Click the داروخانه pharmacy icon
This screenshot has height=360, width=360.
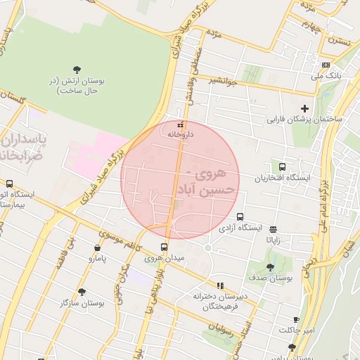click(x=179, y=124)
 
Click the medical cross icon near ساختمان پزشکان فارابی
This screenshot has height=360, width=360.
click(x=304, y=108)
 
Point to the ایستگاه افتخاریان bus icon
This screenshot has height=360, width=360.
click(x=283, y=167)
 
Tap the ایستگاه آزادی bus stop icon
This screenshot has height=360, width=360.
click(x=240, y=217)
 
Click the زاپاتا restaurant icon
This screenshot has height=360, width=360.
click(x=273, y=229)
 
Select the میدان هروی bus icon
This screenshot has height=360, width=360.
click(x=165, y=247)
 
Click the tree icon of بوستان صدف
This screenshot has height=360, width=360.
click(x=270, y=267)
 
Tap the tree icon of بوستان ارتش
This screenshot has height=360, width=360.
click(x=77, y=69)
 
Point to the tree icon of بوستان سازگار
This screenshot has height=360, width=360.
click(x=82, y=292)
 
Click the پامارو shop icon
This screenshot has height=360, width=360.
click(x=97, y=247)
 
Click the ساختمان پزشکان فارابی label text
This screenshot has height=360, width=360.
click(x=304, y=120)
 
